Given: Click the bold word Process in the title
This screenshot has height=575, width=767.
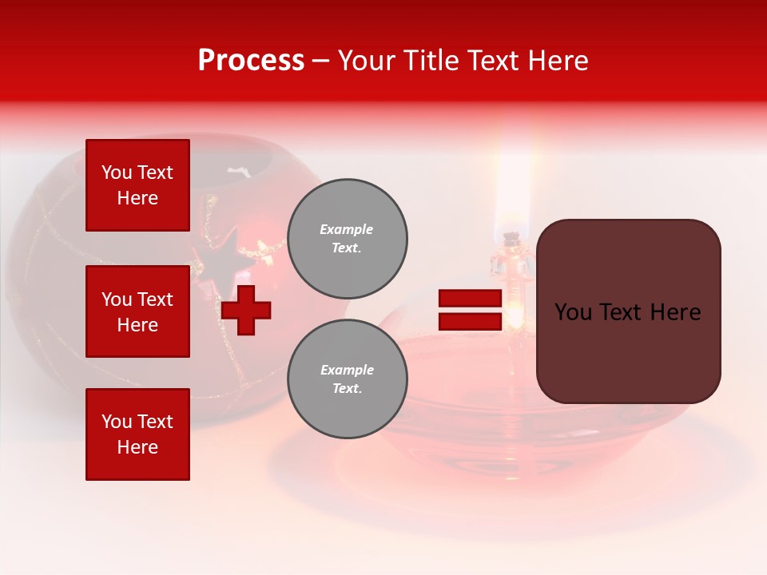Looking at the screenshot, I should tap(251, 61).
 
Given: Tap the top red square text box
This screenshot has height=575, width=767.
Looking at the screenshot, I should tap(137, 185).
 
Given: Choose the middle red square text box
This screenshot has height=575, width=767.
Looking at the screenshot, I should tap(137, 311).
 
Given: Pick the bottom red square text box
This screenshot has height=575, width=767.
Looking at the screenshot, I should tap(137, 434).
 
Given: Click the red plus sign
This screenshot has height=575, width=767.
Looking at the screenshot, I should tap(246, 310).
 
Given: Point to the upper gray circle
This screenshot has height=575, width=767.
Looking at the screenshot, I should tap(347, 239).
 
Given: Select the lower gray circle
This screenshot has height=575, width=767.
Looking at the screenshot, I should tap(347, 379).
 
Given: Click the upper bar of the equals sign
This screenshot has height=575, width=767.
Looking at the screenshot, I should tap(470, 299).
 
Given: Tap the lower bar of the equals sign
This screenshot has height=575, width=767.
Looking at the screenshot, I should tap(470, 321).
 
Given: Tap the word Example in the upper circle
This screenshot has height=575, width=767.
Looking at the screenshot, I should tap(347, 229).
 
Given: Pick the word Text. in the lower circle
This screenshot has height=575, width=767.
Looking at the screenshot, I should tap(347, 389).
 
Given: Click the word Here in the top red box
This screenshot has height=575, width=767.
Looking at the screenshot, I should tap(137, 198).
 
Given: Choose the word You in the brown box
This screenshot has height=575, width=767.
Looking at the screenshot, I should tap(572, 312).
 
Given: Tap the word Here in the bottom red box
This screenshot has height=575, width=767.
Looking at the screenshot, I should tap(137, 447).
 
